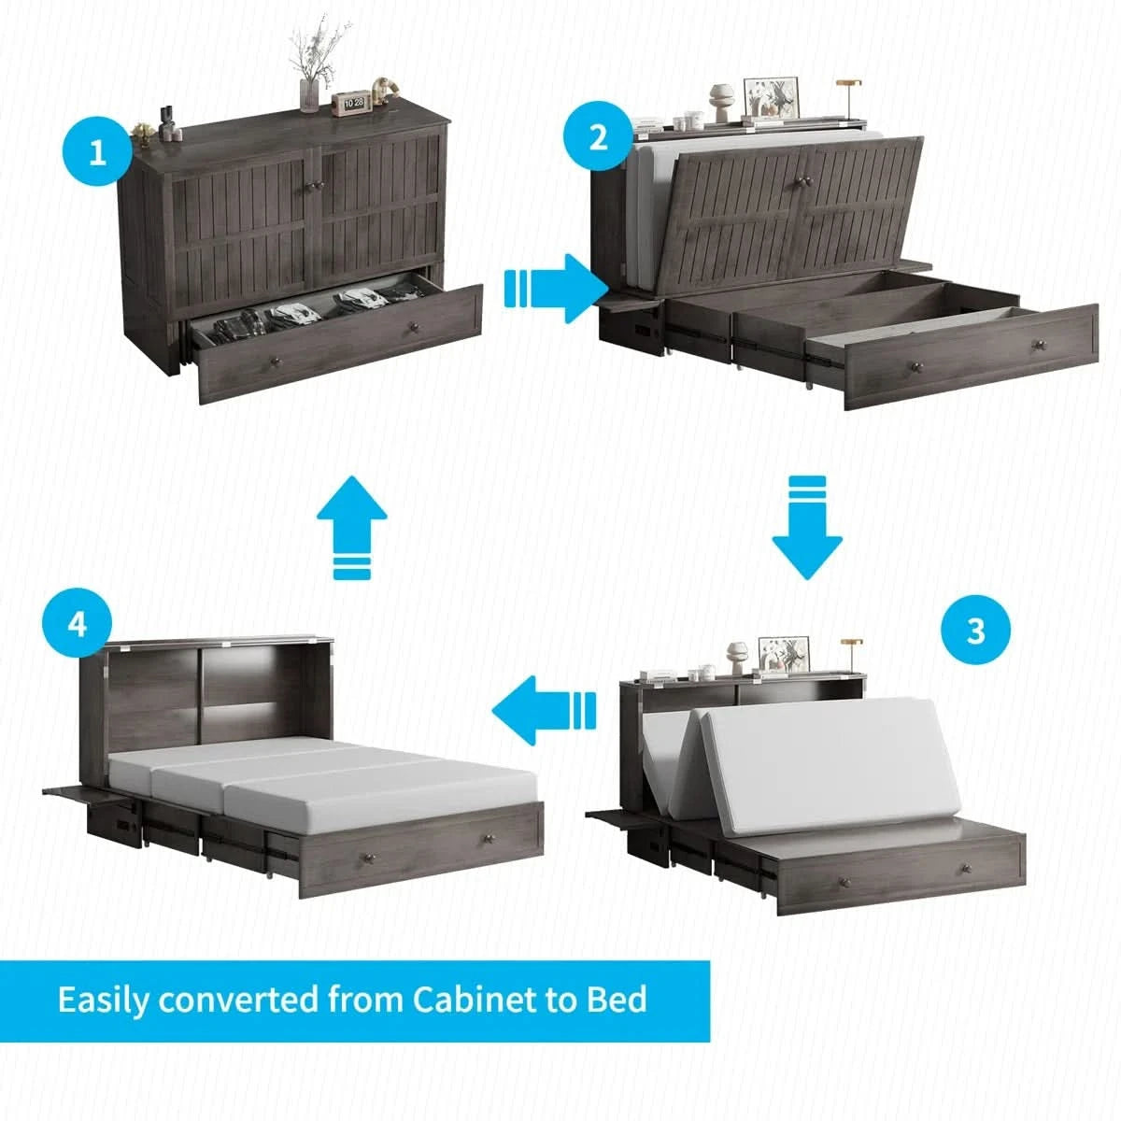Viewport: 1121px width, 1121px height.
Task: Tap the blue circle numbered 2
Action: coord(598,135)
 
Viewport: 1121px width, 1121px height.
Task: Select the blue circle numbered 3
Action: coord(975,629)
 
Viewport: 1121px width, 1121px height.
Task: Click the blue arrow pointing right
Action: coord(556,289)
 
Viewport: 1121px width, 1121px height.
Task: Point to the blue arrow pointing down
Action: coord(807,527)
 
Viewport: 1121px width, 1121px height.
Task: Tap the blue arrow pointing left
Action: coord(544,710)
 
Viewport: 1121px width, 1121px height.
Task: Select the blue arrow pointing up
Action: coord(351,527)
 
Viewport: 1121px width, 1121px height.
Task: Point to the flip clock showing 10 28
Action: coord(351,103)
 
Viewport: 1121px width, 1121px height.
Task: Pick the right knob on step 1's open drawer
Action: coord(415,328)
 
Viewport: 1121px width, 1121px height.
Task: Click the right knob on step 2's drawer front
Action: coord(1037,346)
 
